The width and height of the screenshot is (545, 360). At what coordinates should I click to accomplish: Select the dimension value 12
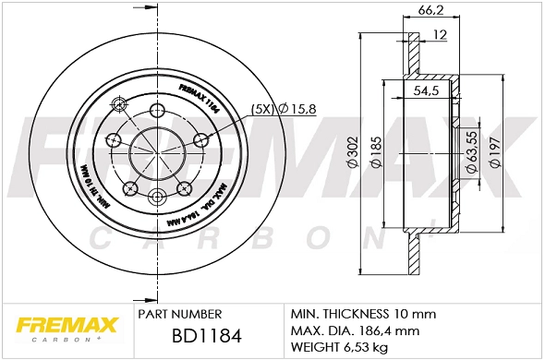point(440,35)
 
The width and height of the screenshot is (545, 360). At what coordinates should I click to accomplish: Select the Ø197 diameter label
point(495,151)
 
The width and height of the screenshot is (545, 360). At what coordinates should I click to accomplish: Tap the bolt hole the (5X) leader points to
point(200,140)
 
